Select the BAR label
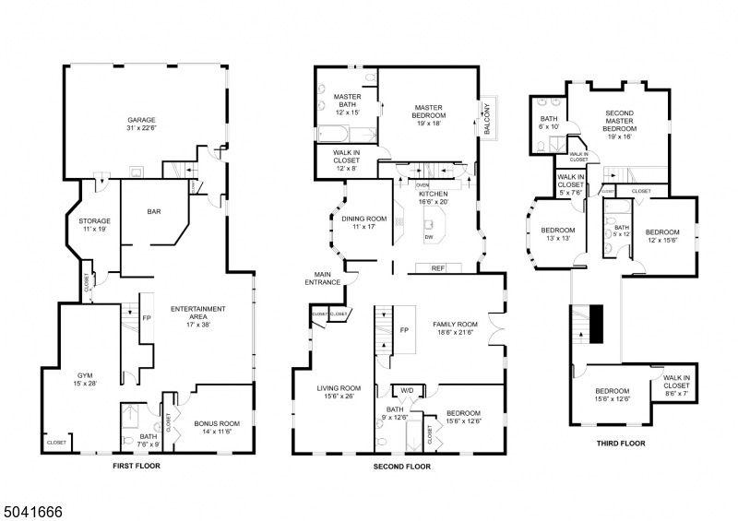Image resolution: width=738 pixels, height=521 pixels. point(154,211)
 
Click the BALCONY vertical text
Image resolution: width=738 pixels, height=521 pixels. point(487,118)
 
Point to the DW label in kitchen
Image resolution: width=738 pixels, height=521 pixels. point(429,238)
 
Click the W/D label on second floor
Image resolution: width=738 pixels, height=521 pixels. point(407,389)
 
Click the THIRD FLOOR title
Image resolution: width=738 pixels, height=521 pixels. point(620,444)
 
